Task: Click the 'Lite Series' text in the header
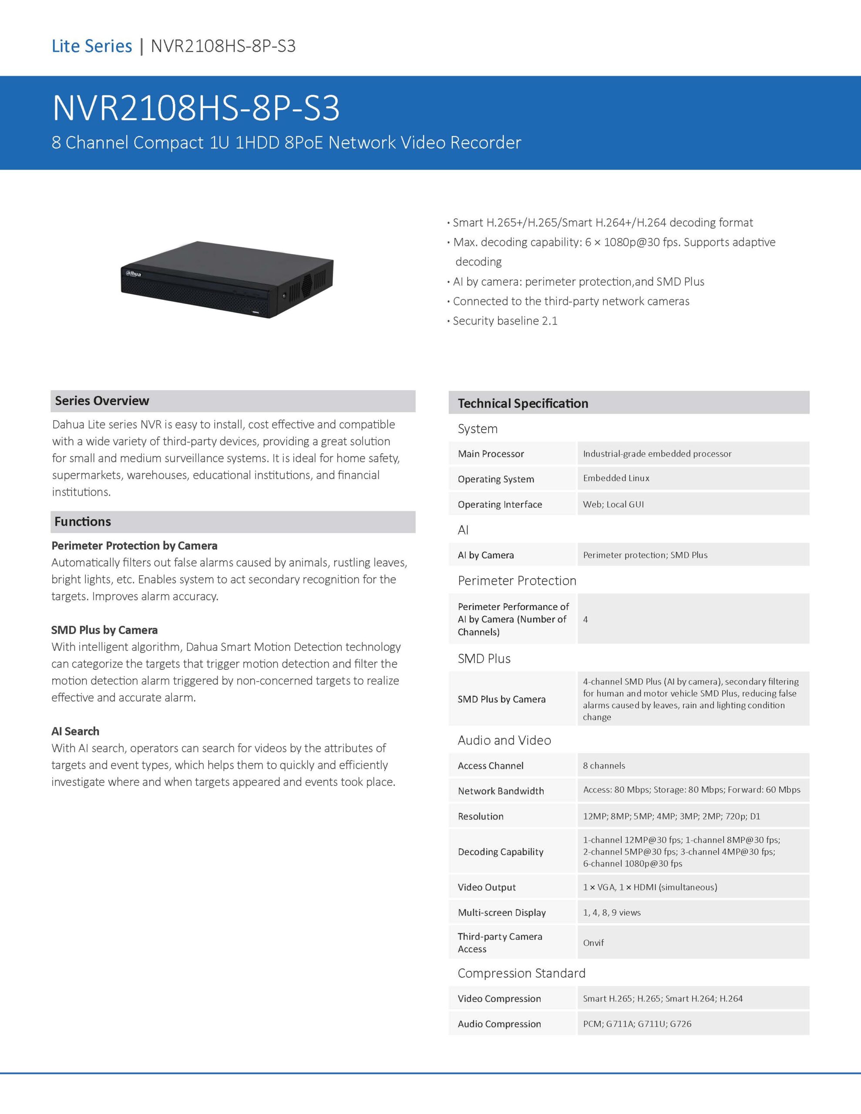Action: [x=92, y=46]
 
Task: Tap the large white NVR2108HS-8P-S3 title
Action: [x=196, y=108]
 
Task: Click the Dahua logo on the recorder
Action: [x=134, y=274]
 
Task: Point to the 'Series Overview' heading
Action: [x=102, y=401]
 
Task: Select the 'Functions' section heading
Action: [x=83, y=521]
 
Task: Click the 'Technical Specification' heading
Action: [x=523, y=403]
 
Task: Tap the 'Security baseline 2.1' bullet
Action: [x=505, y=321]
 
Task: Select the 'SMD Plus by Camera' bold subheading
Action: [x=104, y=630]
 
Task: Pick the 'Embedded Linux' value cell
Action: [x=616, y=478]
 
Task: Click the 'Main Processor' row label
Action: [x=491, y=453]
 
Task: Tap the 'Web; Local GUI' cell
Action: [x=613, y=504]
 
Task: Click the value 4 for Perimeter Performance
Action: [x=585, y=619]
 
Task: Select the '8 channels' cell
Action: [x=604, y=765]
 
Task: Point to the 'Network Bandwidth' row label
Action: [x=501, y=791]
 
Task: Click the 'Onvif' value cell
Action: [x=593, y=943]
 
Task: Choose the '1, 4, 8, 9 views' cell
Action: [x=612, y=913]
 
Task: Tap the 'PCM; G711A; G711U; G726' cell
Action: [x=637, y=1024]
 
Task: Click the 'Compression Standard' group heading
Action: [x=521, y=973]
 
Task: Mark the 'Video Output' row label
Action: [x=486, y=887]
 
